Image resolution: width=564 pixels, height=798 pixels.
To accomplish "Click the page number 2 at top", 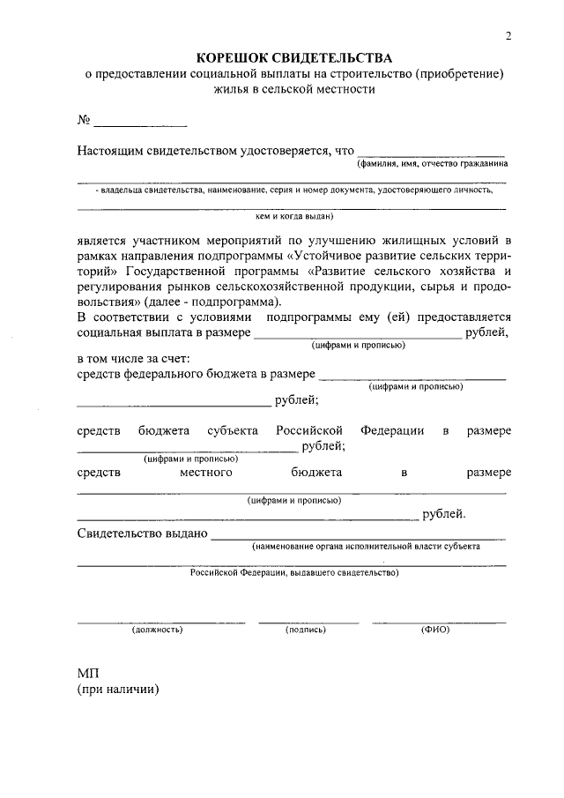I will [x=508, y=35].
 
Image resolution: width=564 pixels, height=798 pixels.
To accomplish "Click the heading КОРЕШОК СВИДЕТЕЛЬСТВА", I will [x=293, y=58].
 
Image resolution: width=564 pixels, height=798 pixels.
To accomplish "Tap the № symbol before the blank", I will [x=85, y=119].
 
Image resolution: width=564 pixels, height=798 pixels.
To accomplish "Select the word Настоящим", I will [x=109, y=151].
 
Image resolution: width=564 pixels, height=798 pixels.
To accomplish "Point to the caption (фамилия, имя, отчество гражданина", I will [x=432, y=164].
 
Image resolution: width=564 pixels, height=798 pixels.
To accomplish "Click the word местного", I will [x=205, y=473].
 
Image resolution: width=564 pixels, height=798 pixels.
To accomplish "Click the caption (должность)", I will [x=157, y=630].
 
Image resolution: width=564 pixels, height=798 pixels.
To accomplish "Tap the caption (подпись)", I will [x=306, y=630].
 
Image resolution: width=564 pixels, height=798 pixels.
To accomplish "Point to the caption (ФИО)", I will [x=435, y=630].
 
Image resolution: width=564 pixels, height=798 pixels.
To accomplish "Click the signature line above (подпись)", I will [x=308, y=623].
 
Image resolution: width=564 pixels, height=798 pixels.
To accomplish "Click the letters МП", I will [x=87, y=674].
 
